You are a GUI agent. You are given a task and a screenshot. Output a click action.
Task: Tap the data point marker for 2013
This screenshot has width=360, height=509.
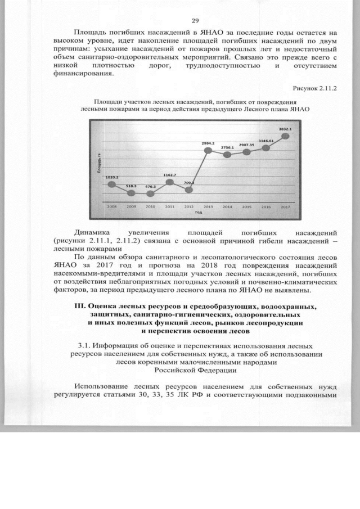(208, 151)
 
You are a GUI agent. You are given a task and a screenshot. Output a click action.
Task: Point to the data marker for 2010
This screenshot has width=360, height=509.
(150, 193)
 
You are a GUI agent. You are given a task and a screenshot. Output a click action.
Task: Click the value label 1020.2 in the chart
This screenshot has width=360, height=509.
(111, 177)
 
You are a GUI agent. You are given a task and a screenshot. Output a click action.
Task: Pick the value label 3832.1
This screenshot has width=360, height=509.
(285, 129)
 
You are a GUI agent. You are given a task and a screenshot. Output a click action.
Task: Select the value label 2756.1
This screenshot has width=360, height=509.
(227, 147)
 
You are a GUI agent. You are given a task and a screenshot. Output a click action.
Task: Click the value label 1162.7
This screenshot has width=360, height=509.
(170, 175)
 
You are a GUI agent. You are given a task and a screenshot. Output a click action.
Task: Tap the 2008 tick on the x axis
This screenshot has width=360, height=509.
(111, 206)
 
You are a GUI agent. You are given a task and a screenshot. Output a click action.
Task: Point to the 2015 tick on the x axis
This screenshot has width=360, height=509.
(246, 206)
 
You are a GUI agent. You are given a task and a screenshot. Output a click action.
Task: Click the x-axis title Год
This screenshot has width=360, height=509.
(199, 213)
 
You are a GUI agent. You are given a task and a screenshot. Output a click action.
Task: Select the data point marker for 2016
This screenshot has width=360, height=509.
(266, 147)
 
